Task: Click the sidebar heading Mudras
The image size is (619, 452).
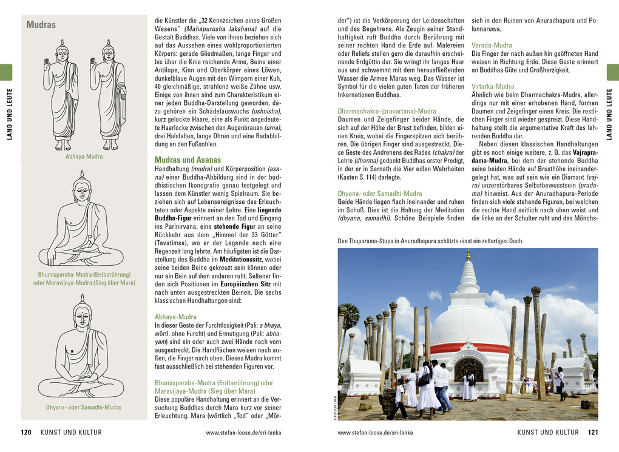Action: pos(41,25)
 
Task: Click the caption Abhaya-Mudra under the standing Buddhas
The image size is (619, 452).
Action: pos(84,157)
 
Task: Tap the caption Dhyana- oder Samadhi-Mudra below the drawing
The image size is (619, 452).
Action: pos(83,407)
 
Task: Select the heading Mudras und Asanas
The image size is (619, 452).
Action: pos(188,160)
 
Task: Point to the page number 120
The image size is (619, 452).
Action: pos(25,433)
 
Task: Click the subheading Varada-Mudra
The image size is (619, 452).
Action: pos(492,46)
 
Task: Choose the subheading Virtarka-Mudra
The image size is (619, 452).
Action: pos(493,87)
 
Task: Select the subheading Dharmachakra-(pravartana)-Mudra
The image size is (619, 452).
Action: pos(387,111)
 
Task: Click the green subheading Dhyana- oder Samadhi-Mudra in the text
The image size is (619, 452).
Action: pos(379,194)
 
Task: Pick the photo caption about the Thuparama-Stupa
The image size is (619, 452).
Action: pos(430,241)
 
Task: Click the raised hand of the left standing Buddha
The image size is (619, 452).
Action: pos(47,64)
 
